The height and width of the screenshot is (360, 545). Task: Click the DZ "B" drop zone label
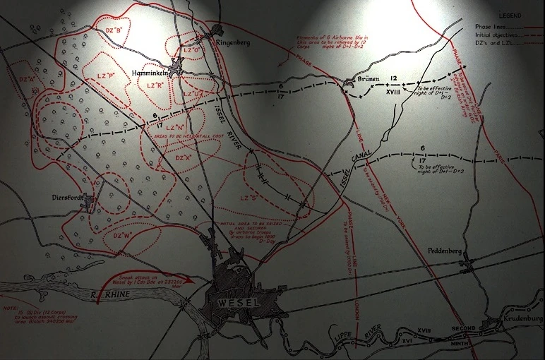(x=114, y=30)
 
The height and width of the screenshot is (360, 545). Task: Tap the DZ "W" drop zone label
(x=123, y=236)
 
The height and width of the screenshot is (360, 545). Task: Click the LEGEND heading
(x=509, y=15)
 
